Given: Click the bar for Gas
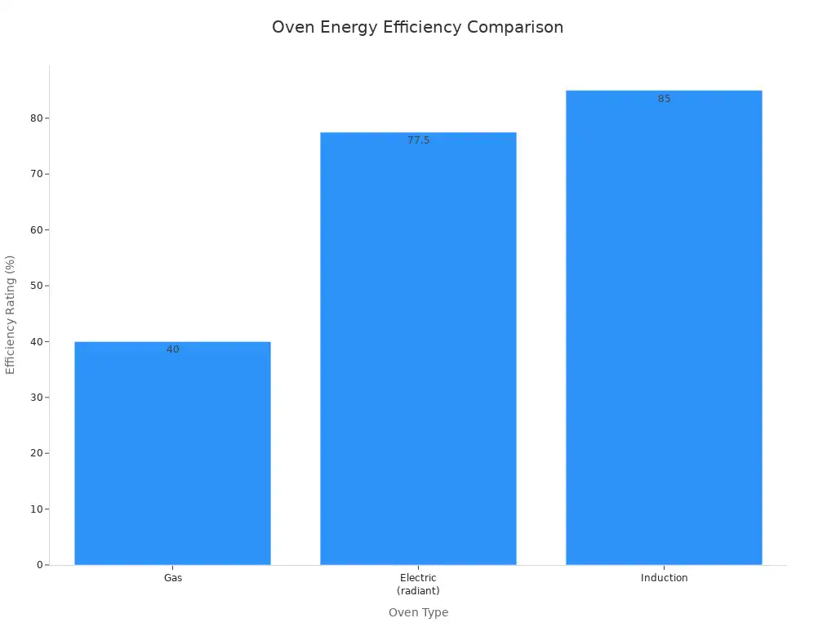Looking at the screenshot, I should click(x=172, y=453).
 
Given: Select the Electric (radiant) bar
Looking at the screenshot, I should click(x=418, y=349).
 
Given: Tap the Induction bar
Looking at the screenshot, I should click(x=664, y=327).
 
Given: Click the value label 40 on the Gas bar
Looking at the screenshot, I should click(x=172, y=349).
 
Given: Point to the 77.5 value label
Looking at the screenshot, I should click(x=418, y=140).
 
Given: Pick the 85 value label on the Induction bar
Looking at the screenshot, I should click(x=664, y=99).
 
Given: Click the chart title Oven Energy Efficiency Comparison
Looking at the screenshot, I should click(x=417, y=27).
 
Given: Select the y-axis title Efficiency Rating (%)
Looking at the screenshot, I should click(x=11, y=314).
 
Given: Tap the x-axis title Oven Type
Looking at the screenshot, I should click(x=418, y=612).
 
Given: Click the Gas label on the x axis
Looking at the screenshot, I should click(x=172, y=578).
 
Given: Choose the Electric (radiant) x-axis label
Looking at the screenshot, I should click(x=418, y=584).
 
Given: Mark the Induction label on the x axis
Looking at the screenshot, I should click(x=664, y=578).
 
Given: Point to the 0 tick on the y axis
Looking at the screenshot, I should click(x=39, y=565).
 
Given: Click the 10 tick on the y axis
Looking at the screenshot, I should click(x=37, y=509).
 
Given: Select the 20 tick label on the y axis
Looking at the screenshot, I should click(x=37, y=453).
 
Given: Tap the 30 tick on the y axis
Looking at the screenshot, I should click(x=37, y=398).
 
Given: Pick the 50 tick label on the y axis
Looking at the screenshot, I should click(x=37, y=286).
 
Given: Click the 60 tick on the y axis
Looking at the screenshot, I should click(x=37, y=229).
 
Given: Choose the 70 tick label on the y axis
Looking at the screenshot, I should click(x=37, y=174).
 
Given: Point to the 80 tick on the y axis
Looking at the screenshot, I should click(x=37, y=118).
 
